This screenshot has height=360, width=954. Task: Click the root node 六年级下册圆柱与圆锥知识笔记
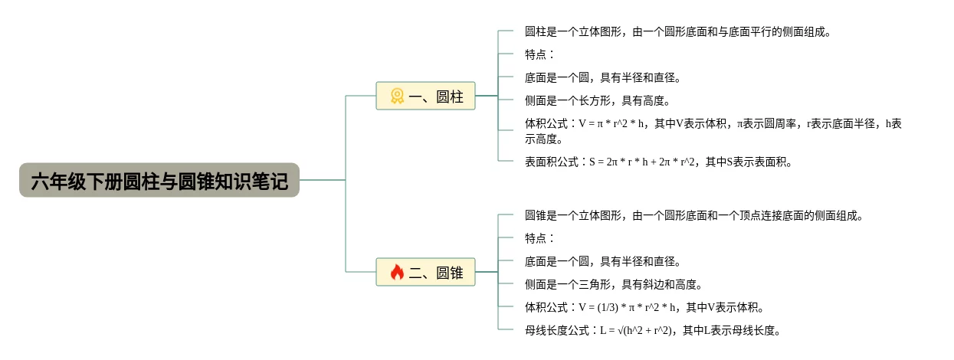[159, 181]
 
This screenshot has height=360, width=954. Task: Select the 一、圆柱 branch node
[426, 97]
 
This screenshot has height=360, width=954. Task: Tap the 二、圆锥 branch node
[426, 273]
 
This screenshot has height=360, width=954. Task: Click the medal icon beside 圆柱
[397, 97]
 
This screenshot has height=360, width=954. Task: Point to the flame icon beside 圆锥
[397, 273]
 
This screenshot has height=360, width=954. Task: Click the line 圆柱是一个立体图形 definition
[677, 32]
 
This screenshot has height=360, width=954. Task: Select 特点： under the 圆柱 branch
[539, 55]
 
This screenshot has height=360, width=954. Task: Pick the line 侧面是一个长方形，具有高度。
[598, 101]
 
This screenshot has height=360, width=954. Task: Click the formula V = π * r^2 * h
[613, 124]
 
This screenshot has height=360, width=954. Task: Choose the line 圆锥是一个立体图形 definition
[693, 216]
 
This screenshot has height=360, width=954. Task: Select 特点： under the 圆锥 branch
[539, 239]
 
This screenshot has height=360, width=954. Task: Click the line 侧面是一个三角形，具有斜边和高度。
[614, 285]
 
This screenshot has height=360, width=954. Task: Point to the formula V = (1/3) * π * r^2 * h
[628, 308]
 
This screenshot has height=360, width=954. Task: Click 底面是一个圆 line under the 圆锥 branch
[603, 262]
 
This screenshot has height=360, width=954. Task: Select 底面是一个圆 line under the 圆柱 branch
[603, 78]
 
